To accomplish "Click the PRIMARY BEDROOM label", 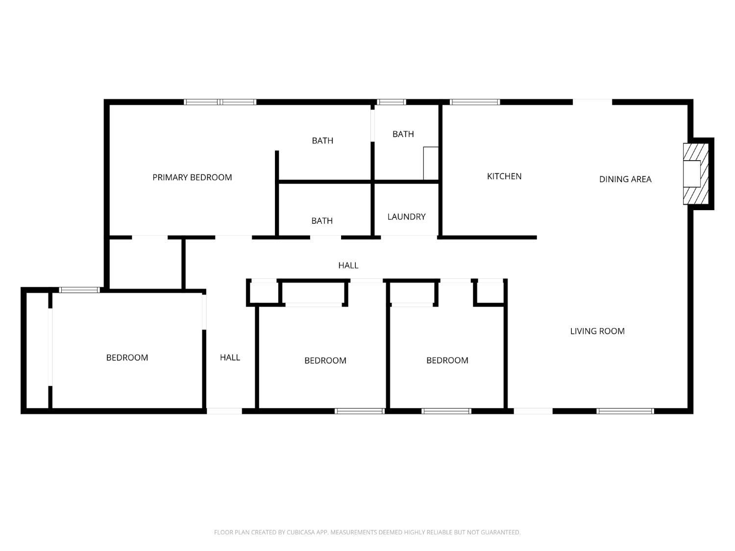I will click(192, 177).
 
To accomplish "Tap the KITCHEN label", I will click(504, 176).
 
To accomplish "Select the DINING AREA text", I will click(625, 179).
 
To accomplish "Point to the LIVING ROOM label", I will click(597, 331).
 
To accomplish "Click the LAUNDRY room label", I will click(406, 216).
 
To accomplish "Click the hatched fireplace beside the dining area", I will click(696, 173).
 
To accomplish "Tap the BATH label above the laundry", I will click(403, 134).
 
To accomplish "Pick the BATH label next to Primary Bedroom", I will click(322, 141).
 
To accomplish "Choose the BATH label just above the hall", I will click(322, 221).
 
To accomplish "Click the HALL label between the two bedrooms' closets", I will click(348, 265).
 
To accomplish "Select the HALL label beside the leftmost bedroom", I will click(230, 358).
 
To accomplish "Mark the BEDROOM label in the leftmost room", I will click(127, 358).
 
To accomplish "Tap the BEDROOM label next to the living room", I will click(447, 360).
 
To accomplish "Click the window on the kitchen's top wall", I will click(474, 102).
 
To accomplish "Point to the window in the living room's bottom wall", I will click(625, 411).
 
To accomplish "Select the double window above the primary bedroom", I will click(220, 102).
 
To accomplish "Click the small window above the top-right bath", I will click(392, 102).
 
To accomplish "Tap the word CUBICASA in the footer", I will click(300, 532).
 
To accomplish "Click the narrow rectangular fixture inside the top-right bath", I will click(430, 163).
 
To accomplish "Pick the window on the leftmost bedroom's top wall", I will click(79, 290).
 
